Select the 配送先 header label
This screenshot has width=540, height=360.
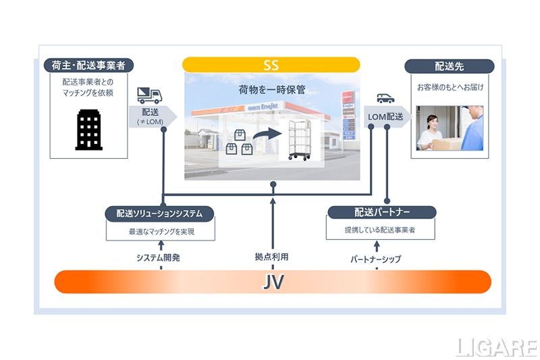(x=449, y=66)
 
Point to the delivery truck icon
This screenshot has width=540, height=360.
(x=151, y=95)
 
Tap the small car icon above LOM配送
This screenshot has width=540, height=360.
(x=385, y=98)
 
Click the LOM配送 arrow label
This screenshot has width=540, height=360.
(x=385, y=117)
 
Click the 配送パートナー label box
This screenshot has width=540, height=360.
(x=381, y=212)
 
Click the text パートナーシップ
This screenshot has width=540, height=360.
(x=376, y=259)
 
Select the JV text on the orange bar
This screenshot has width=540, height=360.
(x=272, y=282)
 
